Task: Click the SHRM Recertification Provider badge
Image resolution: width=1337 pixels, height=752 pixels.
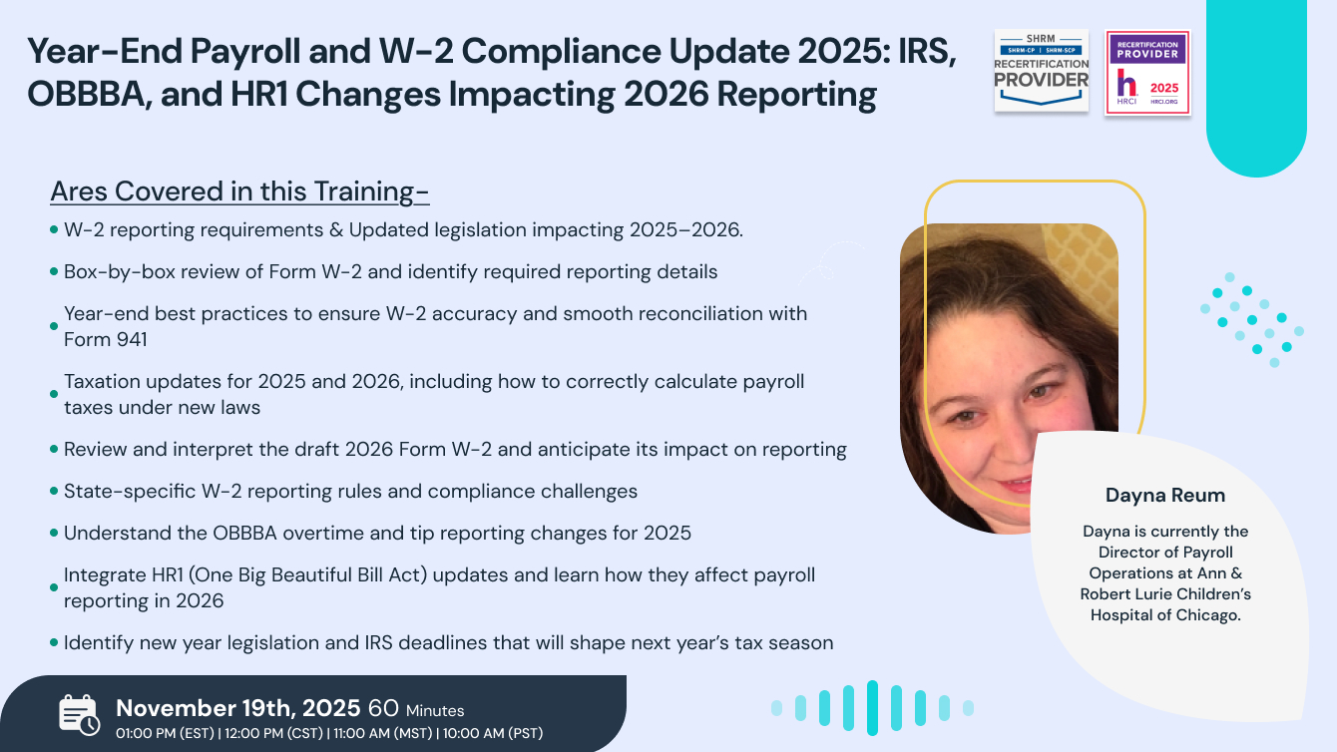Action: click(1042, 70)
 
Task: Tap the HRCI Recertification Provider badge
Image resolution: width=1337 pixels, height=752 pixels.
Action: click(1147, 73)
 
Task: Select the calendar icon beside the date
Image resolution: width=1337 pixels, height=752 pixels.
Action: click(79, 715)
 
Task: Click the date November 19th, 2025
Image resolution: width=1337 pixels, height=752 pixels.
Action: click(238, 708)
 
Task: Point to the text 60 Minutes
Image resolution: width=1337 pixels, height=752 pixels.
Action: click(416, 709)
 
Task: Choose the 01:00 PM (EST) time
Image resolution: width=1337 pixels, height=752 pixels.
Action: click(167, 733)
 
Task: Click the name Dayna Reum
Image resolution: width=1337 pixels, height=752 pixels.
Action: click(1164, 496)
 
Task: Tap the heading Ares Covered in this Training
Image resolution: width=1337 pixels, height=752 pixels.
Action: click(239, 190)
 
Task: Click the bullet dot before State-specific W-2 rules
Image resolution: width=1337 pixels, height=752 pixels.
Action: click(54, 492)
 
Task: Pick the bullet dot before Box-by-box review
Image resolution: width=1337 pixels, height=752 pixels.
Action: click(54, 272)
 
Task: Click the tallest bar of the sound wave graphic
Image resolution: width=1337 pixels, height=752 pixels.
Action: click(872, 708)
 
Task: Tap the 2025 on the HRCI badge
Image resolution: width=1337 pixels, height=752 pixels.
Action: click(1163, 88)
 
